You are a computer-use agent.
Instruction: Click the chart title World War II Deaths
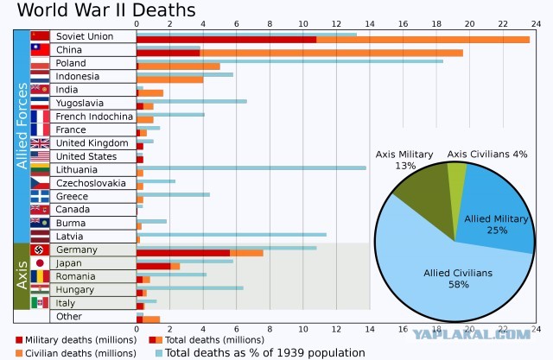click(x=106, y=9)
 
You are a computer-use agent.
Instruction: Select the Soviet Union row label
click(x=85, y=36)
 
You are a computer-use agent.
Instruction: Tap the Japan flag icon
click(x=40, y=263)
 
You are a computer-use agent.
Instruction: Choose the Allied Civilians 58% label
click(x=458, y=279)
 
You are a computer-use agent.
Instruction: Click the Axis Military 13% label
click(x=404, y=160)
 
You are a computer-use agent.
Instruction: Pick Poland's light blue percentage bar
click(x=290, y=61)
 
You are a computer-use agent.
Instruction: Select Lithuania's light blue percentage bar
click(x=251, y=168)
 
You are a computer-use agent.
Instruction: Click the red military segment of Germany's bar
click(x=183, y=253)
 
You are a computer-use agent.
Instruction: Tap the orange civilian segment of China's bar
click(x=332, y=54)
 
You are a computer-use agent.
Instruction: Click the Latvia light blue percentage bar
click(x=232, y=235)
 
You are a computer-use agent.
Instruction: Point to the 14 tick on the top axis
click(x=370, y=24)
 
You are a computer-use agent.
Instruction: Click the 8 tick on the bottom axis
click(x=270, y=330)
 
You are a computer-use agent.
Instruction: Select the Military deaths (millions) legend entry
click(x=76, y=340)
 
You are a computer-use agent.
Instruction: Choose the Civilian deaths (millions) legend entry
click(x=76, y=353)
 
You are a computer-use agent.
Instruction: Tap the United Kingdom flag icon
click(x=40, y=143)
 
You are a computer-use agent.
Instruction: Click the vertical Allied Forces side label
click(x=22, y=126)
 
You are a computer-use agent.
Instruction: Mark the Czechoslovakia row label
click(x=91, y=183)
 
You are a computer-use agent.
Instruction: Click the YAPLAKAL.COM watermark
click(x=472, y=335)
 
